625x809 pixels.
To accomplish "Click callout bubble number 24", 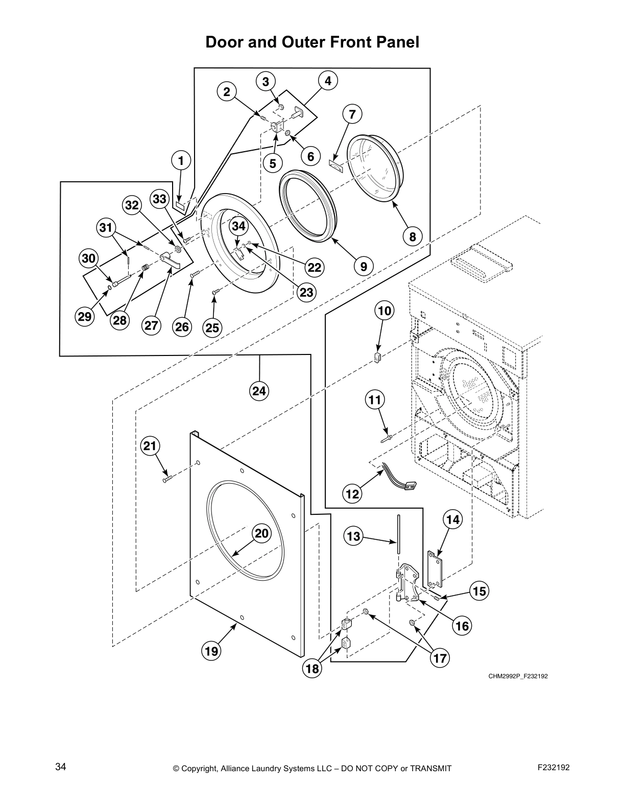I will tap(259, 391).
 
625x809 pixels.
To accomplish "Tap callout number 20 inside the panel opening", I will tap(261, 534).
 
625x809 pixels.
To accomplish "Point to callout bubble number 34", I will tap(238, 226).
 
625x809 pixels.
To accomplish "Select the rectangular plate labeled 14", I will tap(435, 570).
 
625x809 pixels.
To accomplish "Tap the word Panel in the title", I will tap(397, 42).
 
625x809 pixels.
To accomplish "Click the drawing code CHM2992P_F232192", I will tap(518, 677).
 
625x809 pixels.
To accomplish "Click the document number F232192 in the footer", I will tap(554, 767).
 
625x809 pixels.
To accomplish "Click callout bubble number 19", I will tap(211, 651).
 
